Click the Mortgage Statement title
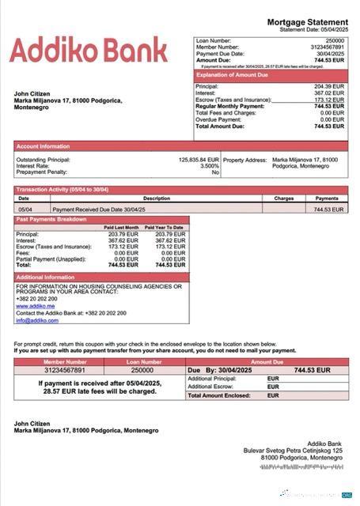click(x=307, y=22)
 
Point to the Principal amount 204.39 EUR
click(x=329, y=86)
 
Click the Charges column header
click(x=283, y=198)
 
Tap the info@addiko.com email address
click(x=36, y=320)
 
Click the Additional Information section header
click(x=45, y=278)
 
